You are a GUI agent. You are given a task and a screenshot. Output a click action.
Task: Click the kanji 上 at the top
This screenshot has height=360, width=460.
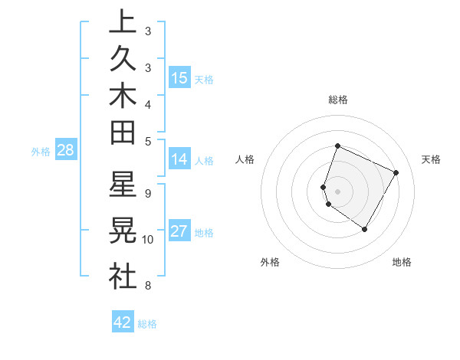click(123, 22)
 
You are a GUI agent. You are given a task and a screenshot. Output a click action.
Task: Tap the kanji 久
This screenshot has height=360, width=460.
click(123, 59)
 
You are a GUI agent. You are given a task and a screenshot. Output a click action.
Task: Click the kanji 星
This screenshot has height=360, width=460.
click(123, 185)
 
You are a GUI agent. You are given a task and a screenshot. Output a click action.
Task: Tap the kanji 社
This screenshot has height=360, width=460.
click(123, 275)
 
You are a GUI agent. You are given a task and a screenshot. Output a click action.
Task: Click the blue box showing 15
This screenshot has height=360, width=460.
click(179, 78)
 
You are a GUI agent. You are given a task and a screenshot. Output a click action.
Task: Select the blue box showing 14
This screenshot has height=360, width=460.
click(179, 159)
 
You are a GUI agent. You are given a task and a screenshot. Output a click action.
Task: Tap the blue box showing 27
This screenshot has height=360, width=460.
click(179, 232)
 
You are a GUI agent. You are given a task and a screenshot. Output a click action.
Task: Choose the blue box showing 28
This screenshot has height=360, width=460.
click(66, 150)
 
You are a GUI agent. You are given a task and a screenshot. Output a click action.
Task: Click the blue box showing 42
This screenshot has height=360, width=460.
click(123, 322)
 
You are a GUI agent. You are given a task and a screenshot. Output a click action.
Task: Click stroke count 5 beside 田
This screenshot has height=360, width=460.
click(148, 141)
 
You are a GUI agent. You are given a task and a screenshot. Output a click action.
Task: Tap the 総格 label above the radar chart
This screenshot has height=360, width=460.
click(337, 100)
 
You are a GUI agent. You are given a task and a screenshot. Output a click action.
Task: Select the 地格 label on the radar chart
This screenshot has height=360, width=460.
click(402, 262)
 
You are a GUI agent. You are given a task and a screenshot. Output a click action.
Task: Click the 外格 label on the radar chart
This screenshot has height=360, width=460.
click(270, 262)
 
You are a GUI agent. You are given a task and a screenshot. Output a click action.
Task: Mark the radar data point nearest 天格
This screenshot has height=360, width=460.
click(396, 172)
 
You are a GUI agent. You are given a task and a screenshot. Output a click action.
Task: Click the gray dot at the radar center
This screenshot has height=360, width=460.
click(337, 191)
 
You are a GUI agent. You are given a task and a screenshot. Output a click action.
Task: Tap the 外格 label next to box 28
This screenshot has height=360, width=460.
click(41, 151)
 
